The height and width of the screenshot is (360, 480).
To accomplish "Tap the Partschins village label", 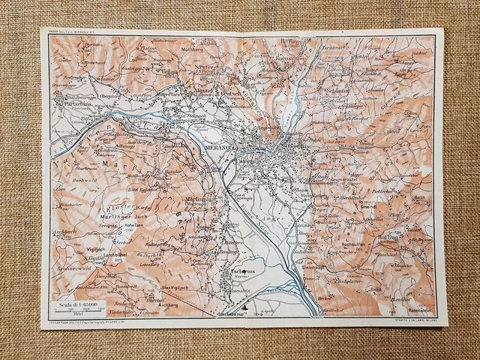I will (71, 106).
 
